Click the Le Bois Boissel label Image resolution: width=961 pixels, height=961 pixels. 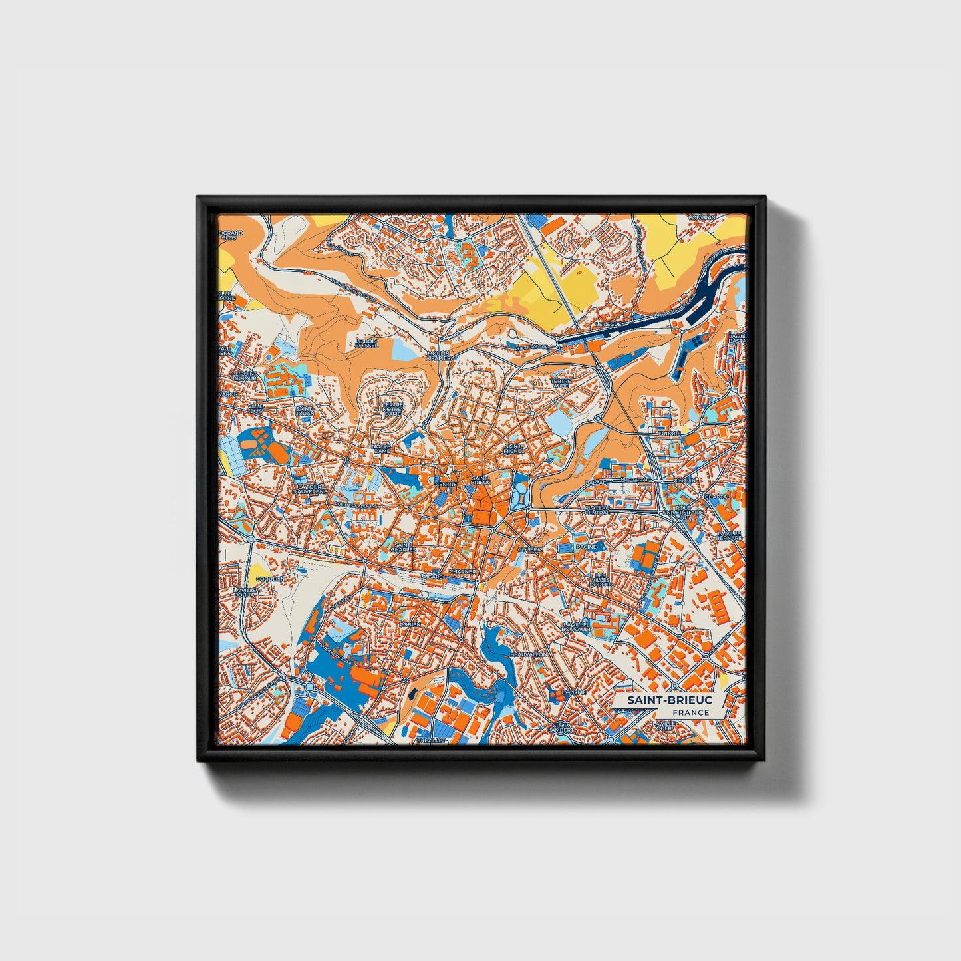pyautogui.click(x=366, y=343)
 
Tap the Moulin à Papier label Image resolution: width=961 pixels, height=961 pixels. pyautogui.click(x=438, y=356)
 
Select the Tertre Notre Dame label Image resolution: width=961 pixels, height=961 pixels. pyautogui.click(x=393, y=409)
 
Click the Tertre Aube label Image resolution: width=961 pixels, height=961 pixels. pyautogui.click(x=561, y=384)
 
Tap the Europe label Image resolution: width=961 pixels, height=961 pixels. pyautogui.click(x=669, y=433)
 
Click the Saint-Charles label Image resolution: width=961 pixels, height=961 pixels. pyautogui.click(x=404, y=547)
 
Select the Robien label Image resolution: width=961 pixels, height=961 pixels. pyautogui.click(x=410, y=624)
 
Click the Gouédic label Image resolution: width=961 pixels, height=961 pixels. pyautogui.click(x=531, y=549)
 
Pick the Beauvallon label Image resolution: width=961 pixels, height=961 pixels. pyautogui.click(x=529, y=654)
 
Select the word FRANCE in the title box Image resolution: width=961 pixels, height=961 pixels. pyautogui.click(x=690, y=713)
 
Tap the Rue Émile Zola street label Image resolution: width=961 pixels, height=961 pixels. pyautogui.click(x=340, y=655)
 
